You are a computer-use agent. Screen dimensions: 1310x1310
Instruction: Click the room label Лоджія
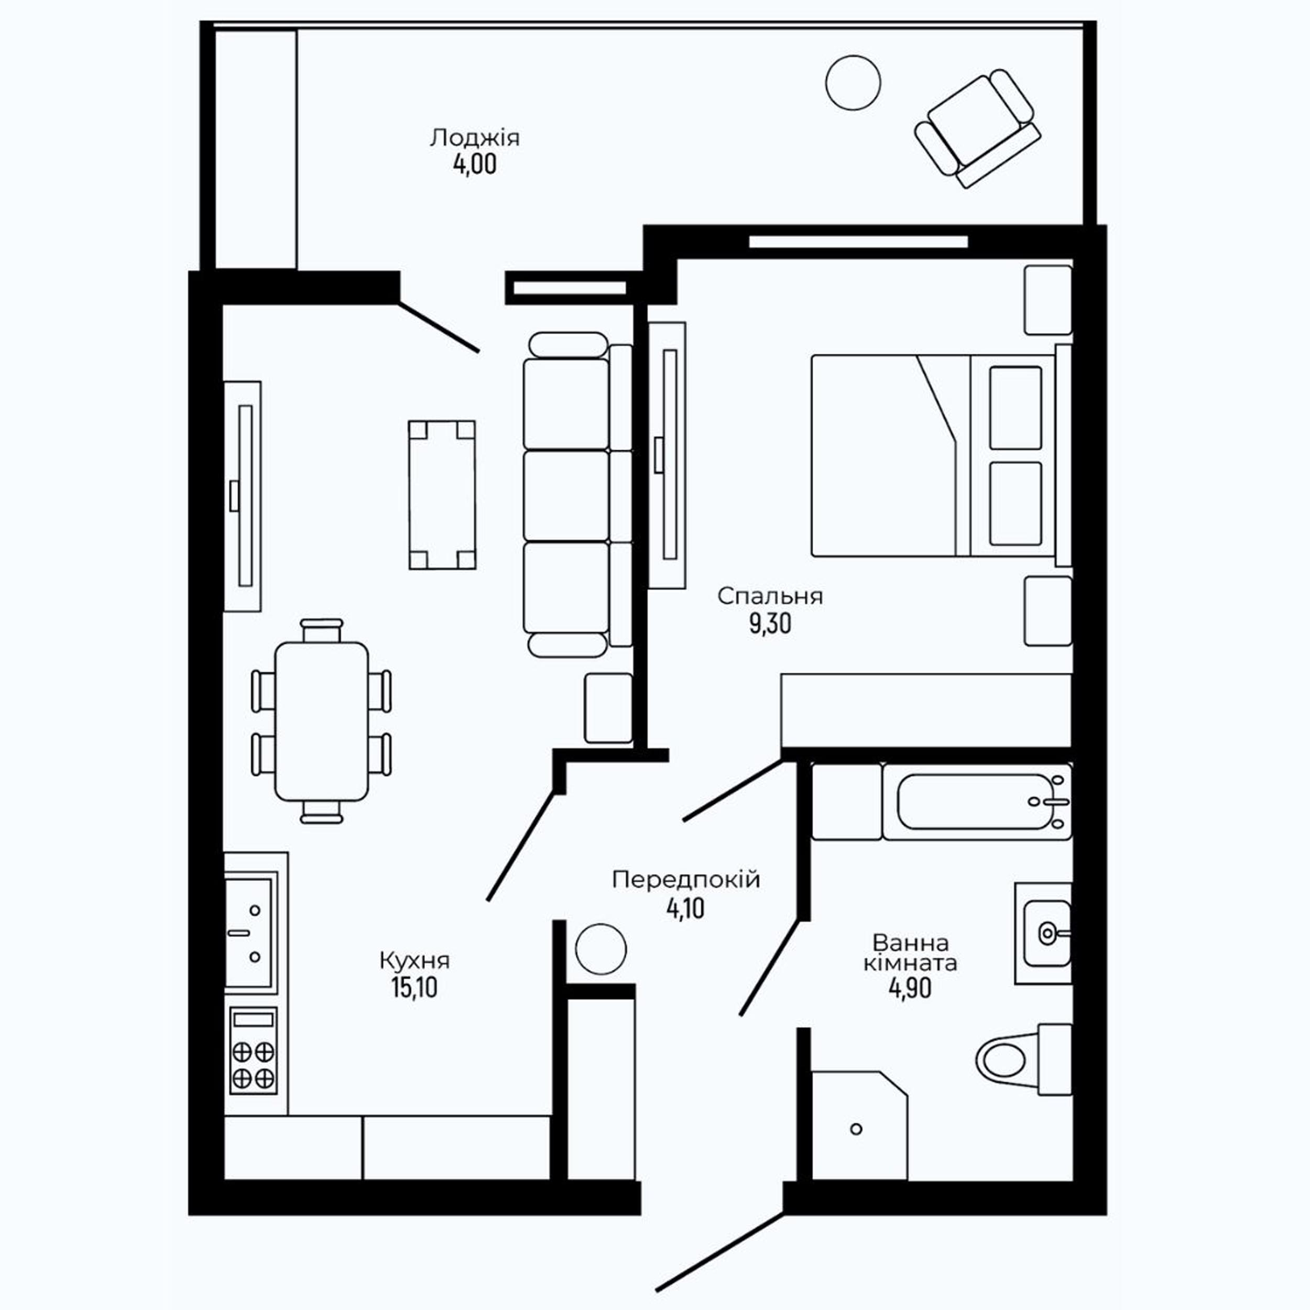click(x=475, y=138)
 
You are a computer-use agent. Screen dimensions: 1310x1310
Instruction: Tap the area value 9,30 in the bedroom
click(x=770, y=623)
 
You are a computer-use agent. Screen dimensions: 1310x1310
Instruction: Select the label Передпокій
click(x=685, y=880)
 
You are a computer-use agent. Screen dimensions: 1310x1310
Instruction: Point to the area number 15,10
click(x=414, y=988)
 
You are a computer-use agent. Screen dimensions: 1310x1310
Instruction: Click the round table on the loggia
click(x=853, y=83)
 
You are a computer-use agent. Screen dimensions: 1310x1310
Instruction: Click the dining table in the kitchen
click(x=321, y=721)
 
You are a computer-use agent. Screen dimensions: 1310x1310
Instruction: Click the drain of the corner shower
click(x=856, y=1129)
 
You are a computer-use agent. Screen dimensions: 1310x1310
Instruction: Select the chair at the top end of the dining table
click(x=321, y=630)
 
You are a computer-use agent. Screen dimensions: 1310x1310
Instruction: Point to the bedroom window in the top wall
click(x=858, y=242)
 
